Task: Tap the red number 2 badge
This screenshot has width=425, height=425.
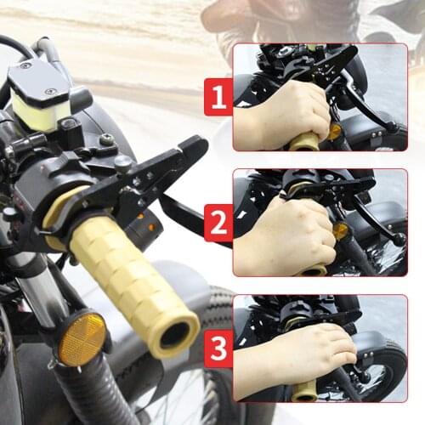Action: pyautogui.click(x=218, y=223)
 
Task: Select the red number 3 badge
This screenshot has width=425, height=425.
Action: pyautogui.click(x=218, y=349)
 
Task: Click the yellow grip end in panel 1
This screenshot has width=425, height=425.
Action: pyautogui.click(x=304, y=141)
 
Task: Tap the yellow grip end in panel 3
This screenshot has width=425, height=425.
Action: pyautogui.click(x=304, y=391)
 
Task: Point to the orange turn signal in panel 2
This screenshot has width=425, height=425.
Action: pyautogui.click(x=341, y=230)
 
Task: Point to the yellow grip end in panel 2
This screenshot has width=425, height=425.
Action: pyautogui.click(x=314, y=270)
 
